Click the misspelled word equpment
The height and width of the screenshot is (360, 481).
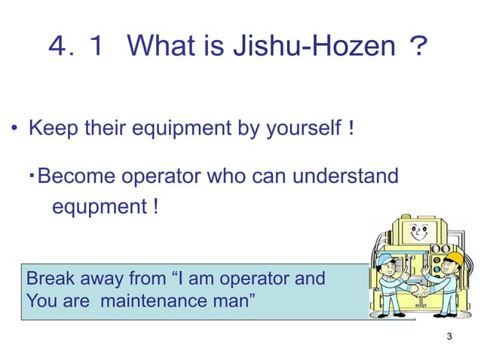click(x=95, y=206)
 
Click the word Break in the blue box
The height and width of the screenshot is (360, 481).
click(x=51, y=278)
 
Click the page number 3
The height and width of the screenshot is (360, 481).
click(x=449, y=336)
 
